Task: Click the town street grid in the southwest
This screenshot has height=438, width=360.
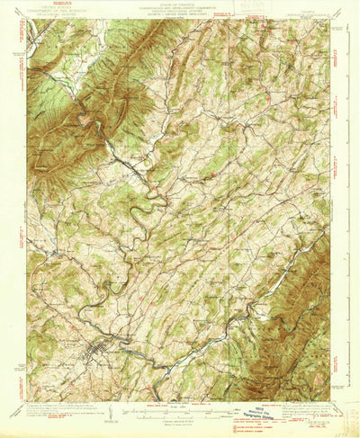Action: pyautogui.click(x=92, y=351)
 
